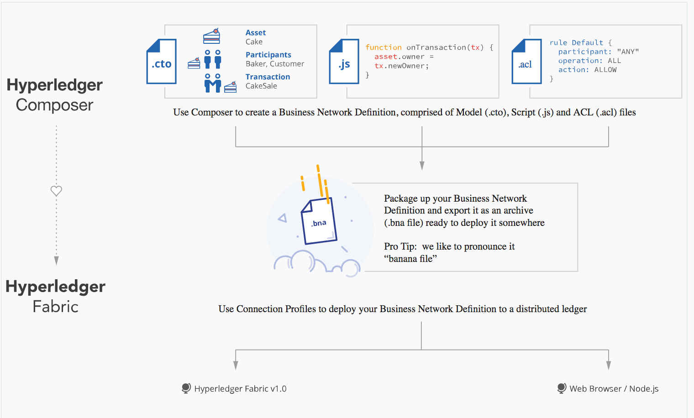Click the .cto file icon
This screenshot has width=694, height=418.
point(161,62)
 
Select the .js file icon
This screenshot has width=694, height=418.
point(344,62)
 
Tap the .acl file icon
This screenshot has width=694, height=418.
point(526,62)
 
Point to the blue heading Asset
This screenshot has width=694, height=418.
point(256,33)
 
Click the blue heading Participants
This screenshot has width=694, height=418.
point(268,55)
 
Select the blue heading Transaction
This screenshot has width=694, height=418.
point(268,77)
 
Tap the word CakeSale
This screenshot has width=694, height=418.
point(261,86)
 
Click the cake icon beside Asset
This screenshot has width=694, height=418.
point(211,36)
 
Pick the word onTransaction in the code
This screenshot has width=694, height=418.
point(436,47)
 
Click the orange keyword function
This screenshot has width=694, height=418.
point(383,47)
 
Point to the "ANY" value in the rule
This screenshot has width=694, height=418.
point(628,52)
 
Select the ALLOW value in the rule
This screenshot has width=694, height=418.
point(605,70)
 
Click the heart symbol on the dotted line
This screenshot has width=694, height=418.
point(56,191)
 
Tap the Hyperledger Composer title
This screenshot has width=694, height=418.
point(55,95)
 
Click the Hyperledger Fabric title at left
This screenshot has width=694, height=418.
point(55,297)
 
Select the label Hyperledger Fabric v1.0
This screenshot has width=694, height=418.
point(240,389)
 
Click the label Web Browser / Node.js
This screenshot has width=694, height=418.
point(614,389)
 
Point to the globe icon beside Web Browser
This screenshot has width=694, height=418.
point(562,388)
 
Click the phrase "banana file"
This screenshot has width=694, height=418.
point(410,259)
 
